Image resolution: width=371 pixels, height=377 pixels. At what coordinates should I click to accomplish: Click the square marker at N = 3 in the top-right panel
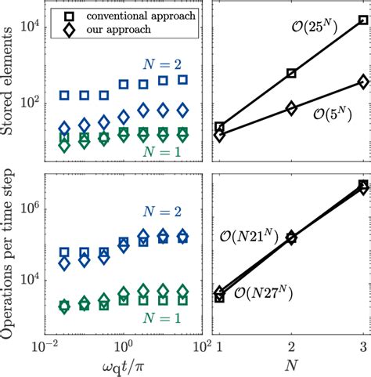(x=362, y=21)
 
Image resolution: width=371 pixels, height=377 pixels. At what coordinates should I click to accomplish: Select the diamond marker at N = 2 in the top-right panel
(x=291, y=109)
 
